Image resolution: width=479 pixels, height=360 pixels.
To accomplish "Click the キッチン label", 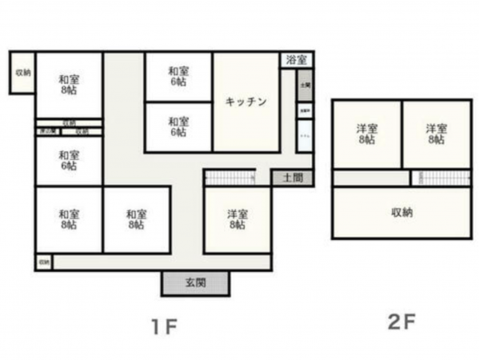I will (x=245, y=102).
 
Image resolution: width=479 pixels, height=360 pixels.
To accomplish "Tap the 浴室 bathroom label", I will (x=296, y=60).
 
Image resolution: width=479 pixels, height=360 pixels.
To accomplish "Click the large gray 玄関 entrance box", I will (x=195, y=283).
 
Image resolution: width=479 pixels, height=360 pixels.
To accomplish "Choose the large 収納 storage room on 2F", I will (x=401, y=213).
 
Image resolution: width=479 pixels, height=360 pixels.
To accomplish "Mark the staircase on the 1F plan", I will (x=230, y=177).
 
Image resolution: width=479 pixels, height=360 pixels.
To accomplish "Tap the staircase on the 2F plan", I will (x=441, y=178).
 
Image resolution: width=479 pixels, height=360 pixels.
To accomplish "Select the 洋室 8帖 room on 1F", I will (x=237, y=219).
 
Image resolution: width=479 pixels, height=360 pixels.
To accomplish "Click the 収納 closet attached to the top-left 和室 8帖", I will (x=22, y=73).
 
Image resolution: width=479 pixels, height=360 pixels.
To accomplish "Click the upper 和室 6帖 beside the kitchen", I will (x=178, y=77).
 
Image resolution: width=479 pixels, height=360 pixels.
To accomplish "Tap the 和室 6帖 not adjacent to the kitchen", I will (x=68, y=161).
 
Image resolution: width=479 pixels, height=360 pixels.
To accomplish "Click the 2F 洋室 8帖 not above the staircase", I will (x=367, y=134).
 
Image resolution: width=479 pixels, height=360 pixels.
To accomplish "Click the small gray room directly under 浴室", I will (x=305, y=85).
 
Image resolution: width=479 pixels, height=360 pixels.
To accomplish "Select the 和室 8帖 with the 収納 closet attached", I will (x=68, y=85).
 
